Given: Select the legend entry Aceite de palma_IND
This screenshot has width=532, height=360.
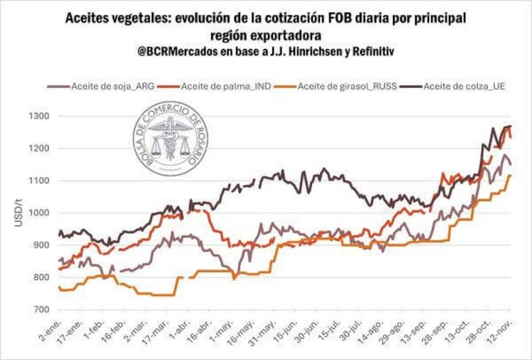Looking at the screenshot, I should (x=222, y=87).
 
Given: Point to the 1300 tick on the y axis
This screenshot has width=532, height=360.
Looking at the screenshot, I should (x=38, y=116).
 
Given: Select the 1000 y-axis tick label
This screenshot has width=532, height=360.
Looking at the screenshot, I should (x=38, y=213).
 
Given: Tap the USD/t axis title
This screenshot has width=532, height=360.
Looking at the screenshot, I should (x=17, y=213).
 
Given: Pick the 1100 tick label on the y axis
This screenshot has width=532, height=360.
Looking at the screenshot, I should (x=38, y=180).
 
